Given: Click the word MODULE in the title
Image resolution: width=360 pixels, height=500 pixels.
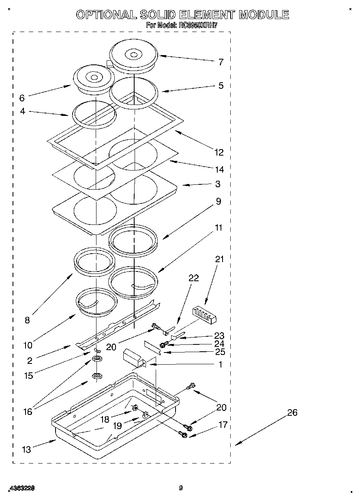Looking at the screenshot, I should click(x=264, y=15).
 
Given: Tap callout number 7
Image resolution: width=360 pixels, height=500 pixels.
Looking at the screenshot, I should click(x=221, y=62).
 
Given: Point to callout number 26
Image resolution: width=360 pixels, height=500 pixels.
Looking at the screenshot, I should click(x=292, y=412).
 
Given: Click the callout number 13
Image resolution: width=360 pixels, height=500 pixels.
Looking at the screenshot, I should click(x=26, y=449).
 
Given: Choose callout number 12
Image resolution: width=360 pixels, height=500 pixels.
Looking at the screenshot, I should click(x=219, y=152).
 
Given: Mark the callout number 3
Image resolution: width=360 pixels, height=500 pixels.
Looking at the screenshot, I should click(x=218, y=184).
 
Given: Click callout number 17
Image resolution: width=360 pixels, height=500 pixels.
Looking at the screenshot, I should click(x=223, y=425).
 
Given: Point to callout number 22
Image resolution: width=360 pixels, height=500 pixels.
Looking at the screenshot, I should click(x=194, y=278).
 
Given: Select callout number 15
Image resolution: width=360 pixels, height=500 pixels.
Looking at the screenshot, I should click(x=28, y=376).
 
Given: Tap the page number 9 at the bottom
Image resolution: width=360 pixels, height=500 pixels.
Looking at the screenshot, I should click(x=181, y=488).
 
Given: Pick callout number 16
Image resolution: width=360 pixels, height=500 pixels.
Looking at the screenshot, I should click(x=27, y=412).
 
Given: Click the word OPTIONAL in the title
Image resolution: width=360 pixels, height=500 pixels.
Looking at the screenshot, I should click(x=106, y=15).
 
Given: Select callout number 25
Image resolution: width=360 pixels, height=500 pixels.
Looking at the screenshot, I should click(x=220, y=352).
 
